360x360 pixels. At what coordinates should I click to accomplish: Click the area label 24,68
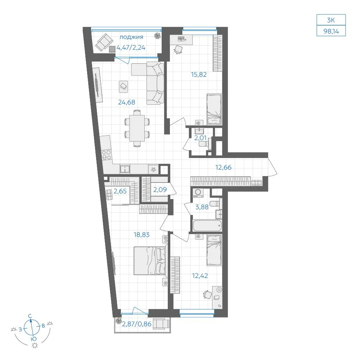click(x=126, y=102)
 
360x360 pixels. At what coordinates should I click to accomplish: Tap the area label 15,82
click(x=199, y=75)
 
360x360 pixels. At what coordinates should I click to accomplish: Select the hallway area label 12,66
click(x=224, y=167)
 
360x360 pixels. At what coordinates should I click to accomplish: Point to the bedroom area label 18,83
click(x=141, y=235)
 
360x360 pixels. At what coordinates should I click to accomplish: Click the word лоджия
click(x=131, y=37)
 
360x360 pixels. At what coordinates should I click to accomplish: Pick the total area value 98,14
click(x=331, y=31)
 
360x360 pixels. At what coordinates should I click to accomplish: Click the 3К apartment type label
click(x=331, y=20)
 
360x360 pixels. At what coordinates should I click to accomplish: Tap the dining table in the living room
click(x=137, y=128)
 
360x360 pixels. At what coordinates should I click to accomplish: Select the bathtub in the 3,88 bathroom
click(x=207, y=226)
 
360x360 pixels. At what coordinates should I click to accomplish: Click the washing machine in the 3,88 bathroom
click(x=198, y=193)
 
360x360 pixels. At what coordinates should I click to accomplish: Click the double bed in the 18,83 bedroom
click(x=150, y=261)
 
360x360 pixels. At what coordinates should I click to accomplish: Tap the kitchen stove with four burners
click(x=107, y=154)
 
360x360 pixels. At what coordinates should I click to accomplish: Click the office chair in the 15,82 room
click(x=178, y=49)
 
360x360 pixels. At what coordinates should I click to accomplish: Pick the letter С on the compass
click(x=30, y=316)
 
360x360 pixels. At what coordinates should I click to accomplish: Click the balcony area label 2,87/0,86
click(x=136, y=324)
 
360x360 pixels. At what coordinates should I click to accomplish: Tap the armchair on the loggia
click(x=104, y=42)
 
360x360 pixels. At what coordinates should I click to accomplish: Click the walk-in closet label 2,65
click(x=120, y=191)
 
